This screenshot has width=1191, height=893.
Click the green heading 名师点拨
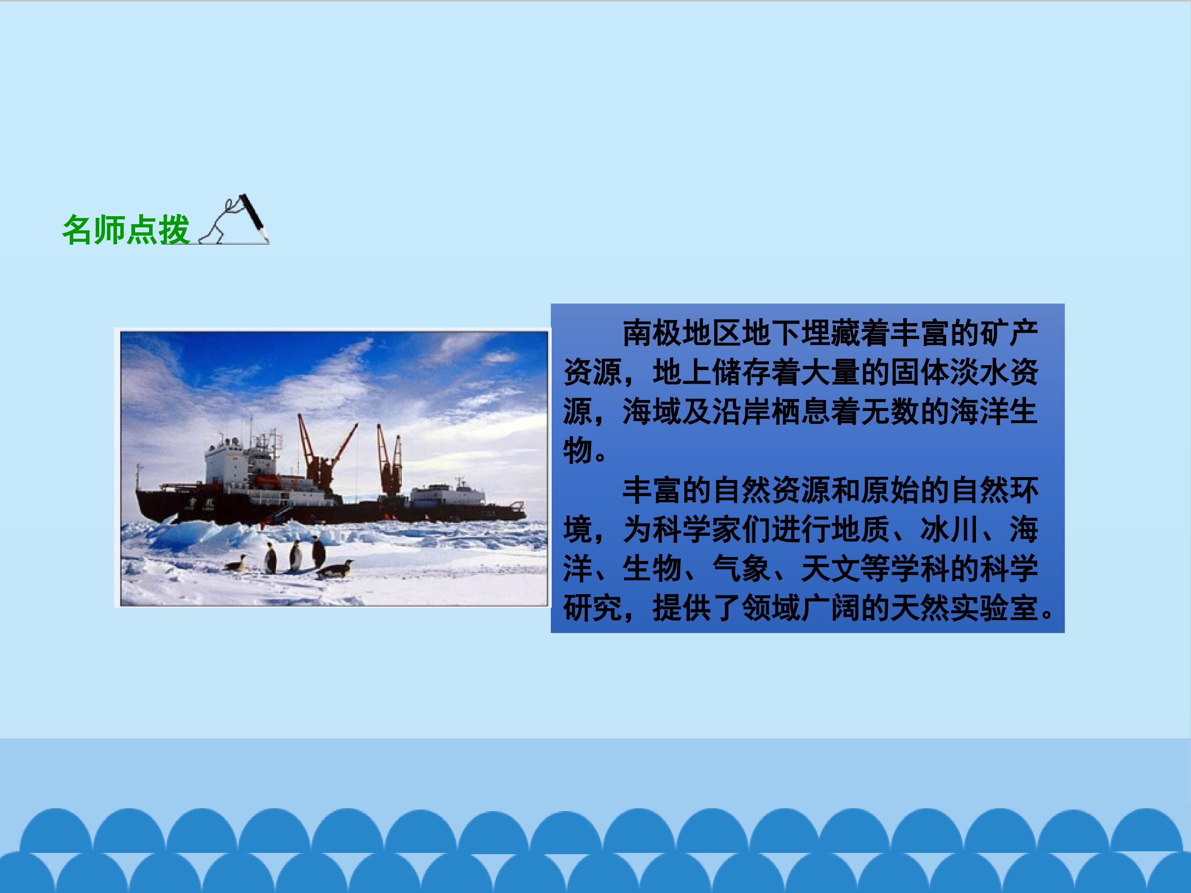126,230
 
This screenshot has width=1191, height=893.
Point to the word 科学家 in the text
697,530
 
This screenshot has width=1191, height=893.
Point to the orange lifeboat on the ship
267,480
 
